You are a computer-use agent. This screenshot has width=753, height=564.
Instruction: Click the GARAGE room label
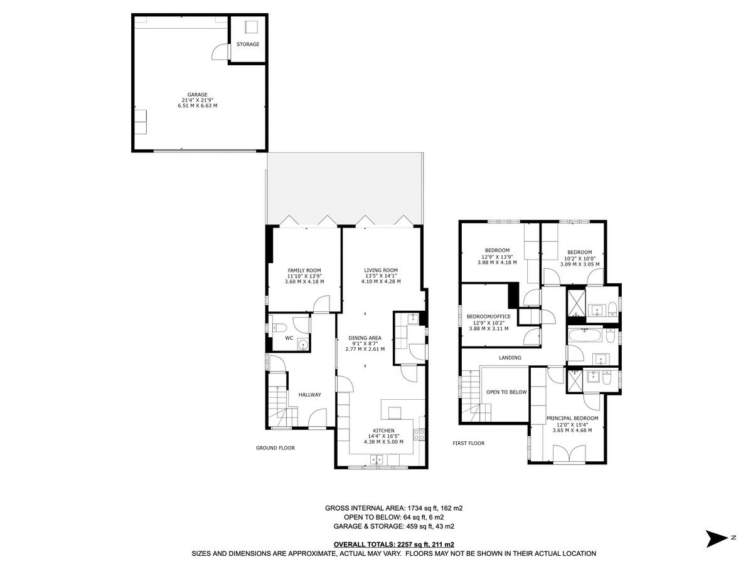point(197,95)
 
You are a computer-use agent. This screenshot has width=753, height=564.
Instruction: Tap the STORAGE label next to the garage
point(248,44)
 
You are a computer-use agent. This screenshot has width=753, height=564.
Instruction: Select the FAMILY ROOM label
point(304,270)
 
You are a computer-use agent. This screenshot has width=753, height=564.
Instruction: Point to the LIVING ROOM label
point(381,270)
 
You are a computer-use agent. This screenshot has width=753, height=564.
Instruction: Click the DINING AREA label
point(365,338)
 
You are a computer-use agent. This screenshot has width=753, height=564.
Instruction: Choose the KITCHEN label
point(382,431)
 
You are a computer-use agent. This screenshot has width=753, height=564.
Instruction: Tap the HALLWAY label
point(309,395)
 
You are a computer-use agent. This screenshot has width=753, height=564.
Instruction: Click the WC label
point(289,338)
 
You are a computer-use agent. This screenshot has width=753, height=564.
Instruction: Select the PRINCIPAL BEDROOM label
point(572,418)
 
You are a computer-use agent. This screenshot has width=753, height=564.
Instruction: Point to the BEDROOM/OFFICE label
point(489,316)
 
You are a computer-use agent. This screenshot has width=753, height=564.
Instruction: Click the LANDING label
point(510,358)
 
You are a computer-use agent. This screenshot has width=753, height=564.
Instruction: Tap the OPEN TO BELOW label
point(506,392)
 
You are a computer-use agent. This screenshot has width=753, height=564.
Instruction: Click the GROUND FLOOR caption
point(275,448)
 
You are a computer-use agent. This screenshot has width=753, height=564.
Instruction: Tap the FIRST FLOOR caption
point(469,443)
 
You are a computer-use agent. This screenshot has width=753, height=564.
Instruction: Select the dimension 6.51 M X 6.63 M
point(197,106)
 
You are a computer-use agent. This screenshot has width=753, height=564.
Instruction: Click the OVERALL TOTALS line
point(393,545)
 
